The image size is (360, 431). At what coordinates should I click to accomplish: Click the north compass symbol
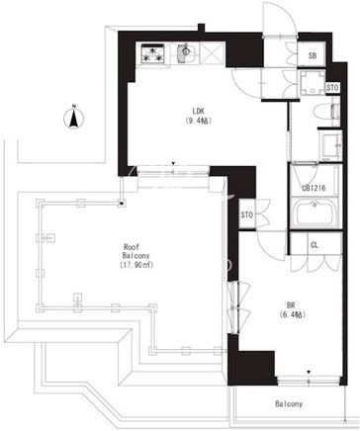(74, 117)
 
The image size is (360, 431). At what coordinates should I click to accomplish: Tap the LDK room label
(199, 111)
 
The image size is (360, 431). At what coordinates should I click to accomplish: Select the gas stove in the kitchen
(153, 53)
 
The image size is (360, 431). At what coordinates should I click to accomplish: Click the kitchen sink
(186, 53)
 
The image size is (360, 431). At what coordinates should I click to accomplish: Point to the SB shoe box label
(313, 55)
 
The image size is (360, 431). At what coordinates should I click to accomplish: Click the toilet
(326, 112)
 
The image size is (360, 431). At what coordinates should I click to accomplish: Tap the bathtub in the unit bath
(315, 213)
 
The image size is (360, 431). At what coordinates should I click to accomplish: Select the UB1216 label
(314, 188)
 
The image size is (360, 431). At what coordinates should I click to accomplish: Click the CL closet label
(315, 245)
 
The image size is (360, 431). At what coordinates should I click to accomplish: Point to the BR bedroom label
(291, 304)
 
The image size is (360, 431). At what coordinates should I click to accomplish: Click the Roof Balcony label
(135, 251)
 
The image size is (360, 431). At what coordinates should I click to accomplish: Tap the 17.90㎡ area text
(136, 265)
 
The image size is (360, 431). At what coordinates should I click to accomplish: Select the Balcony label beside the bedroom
(289, 403)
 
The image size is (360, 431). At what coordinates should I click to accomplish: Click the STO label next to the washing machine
(332, 88)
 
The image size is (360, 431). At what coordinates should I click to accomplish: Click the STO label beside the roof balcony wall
(246, 215)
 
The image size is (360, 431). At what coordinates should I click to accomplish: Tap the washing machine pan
(313, 82)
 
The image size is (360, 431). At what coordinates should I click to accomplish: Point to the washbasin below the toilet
(331, 145)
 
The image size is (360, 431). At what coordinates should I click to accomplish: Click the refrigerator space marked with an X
(213, 52)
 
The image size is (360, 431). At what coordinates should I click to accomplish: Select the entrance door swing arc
(280, 18)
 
